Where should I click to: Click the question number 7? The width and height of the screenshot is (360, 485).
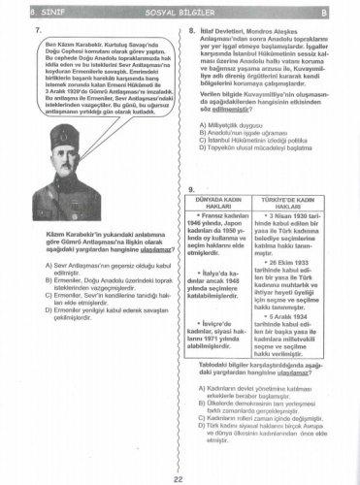point(36,31)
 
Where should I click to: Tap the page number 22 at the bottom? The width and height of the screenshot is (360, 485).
point(179,477)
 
